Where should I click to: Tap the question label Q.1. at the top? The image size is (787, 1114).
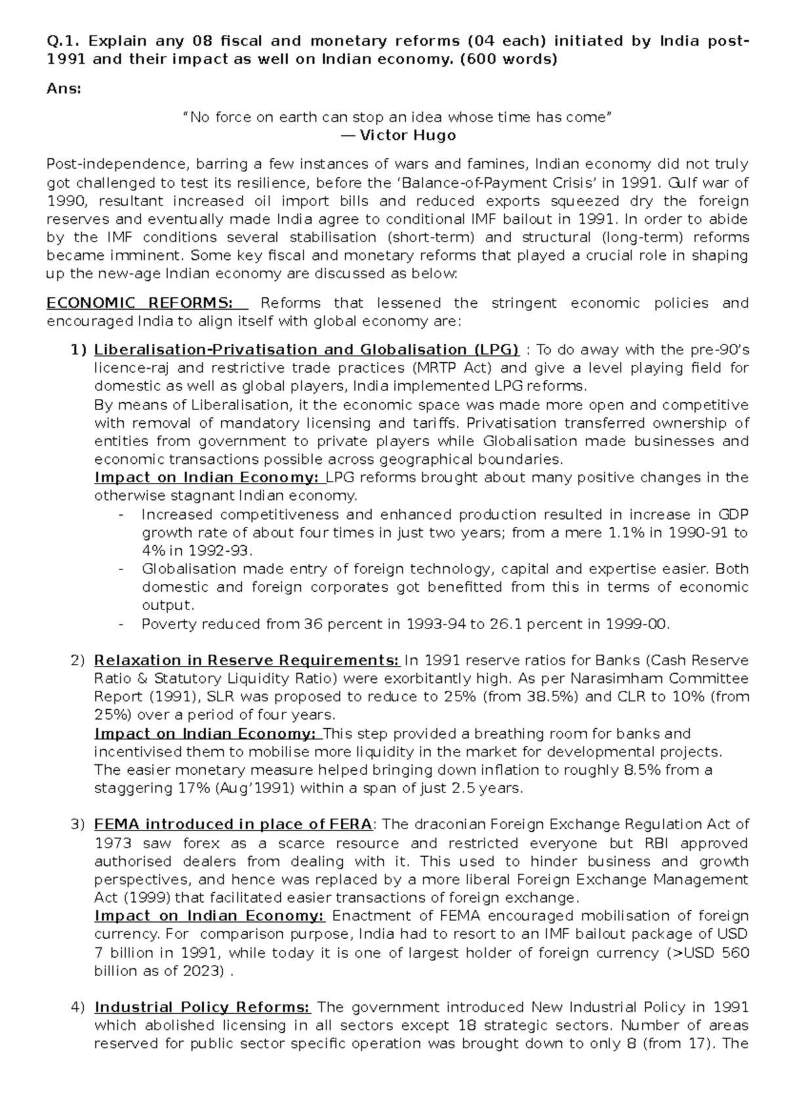pos(63,41)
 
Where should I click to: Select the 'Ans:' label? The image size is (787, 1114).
pos(64,89)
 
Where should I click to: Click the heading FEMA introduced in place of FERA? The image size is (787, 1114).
pos(233,824)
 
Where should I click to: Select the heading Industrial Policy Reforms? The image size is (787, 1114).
pos(203,1007)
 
